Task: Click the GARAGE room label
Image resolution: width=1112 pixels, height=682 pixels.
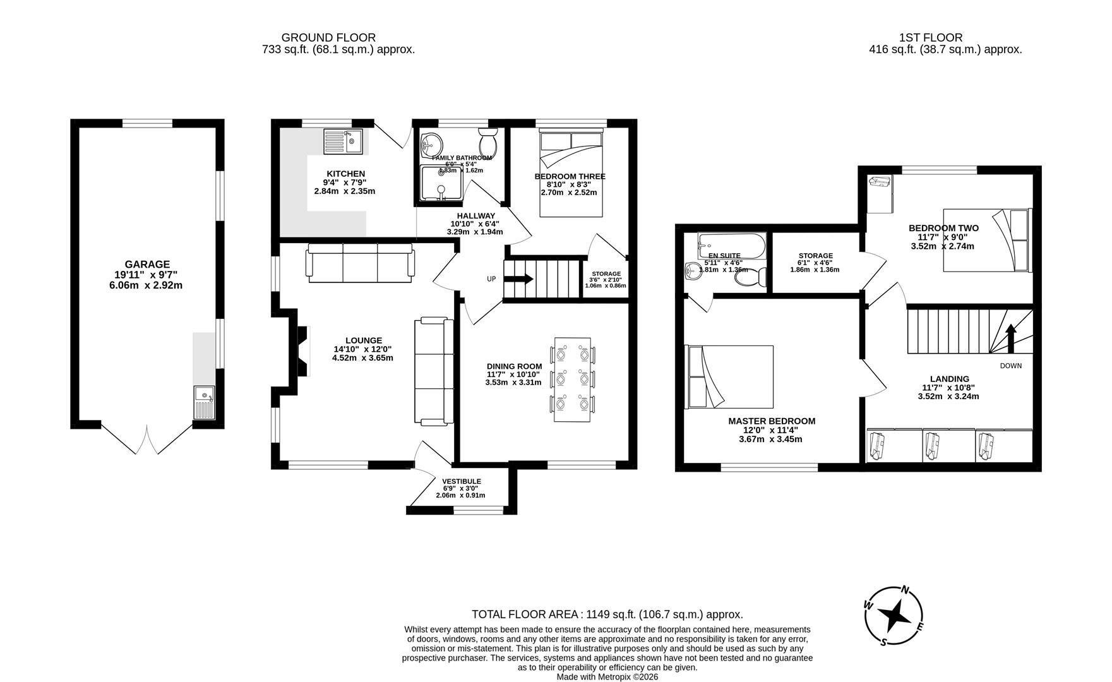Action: [146, 265]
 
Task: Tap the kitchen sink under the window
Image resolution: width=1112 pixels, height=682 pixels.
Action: [343, 141]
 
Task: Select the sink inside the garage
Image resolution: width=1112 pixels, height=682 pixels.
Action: [205, 402]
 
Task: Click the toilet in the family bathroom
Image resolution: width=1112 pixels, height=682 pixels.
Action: [488, 143]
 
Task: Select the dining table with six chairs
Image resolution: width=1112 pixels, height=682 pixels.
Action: [573, 380]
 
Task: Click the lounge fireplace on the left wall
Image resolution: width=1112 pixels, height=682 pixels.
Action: [300, 350]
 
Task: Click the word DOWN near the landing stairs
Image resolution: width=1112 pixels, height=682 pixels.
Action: [1010, 366]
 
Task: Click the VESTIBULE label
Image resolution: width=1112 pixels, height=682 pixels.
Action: [461, 481]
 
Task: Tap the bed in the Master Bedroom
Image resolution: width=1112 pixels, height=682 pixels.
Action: [730, 376]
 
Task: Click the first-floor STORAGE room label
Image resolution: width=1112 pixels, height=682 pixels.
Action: [815, 256]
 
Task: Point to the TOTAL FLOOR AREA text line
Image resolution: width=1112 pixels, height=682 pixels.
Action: [607, 614]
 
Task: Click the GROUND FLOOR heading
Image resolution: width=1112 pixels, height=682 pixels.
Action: [328, 38]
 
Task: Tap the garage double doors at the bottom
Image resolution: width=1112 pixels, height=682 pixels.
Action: [146, 439]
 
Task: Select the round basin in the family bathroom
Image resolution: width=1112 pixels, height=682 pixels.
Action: [432, 144]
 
